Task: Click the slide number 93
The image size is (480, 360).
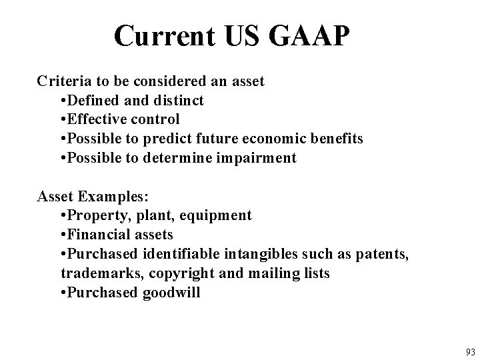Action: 470,351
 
